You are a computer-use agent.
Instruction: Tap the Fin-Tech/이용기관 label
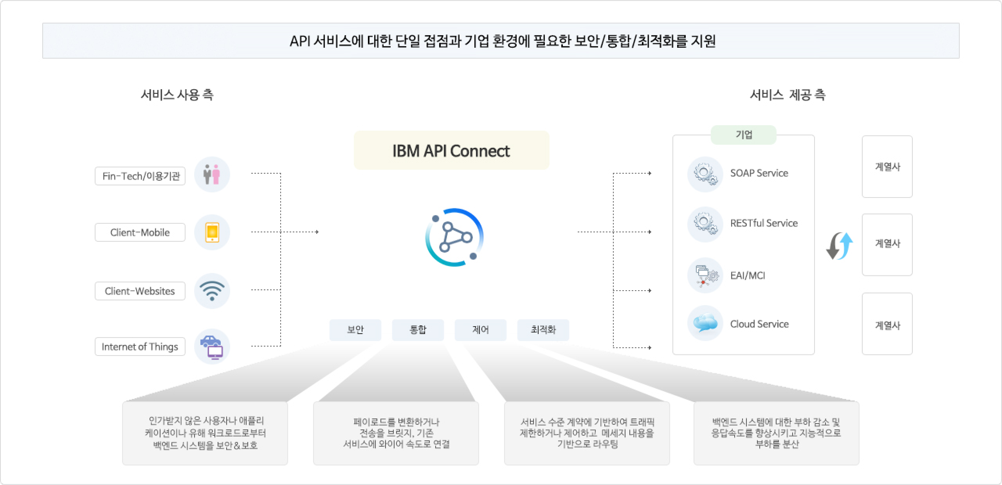tap(140, 176)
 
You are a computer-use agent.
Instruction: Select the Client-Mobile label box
tap(140, 232)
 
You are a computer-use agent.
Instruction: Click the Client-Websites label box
tap(140, 291)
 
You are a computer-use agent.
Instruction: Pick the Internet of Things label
tap(140, 347)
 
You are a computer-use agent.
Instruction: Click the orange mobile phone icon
tap(212, 232)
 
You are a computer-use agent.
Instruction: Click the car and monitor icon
tap(212, 347)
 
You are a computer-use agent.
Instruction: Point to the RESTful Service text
tap(764, 223)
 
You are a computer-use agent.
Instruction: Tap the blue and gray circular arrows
tap(839, 246)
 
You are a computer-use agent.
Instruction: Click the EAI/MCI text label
tap(747, 276)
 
